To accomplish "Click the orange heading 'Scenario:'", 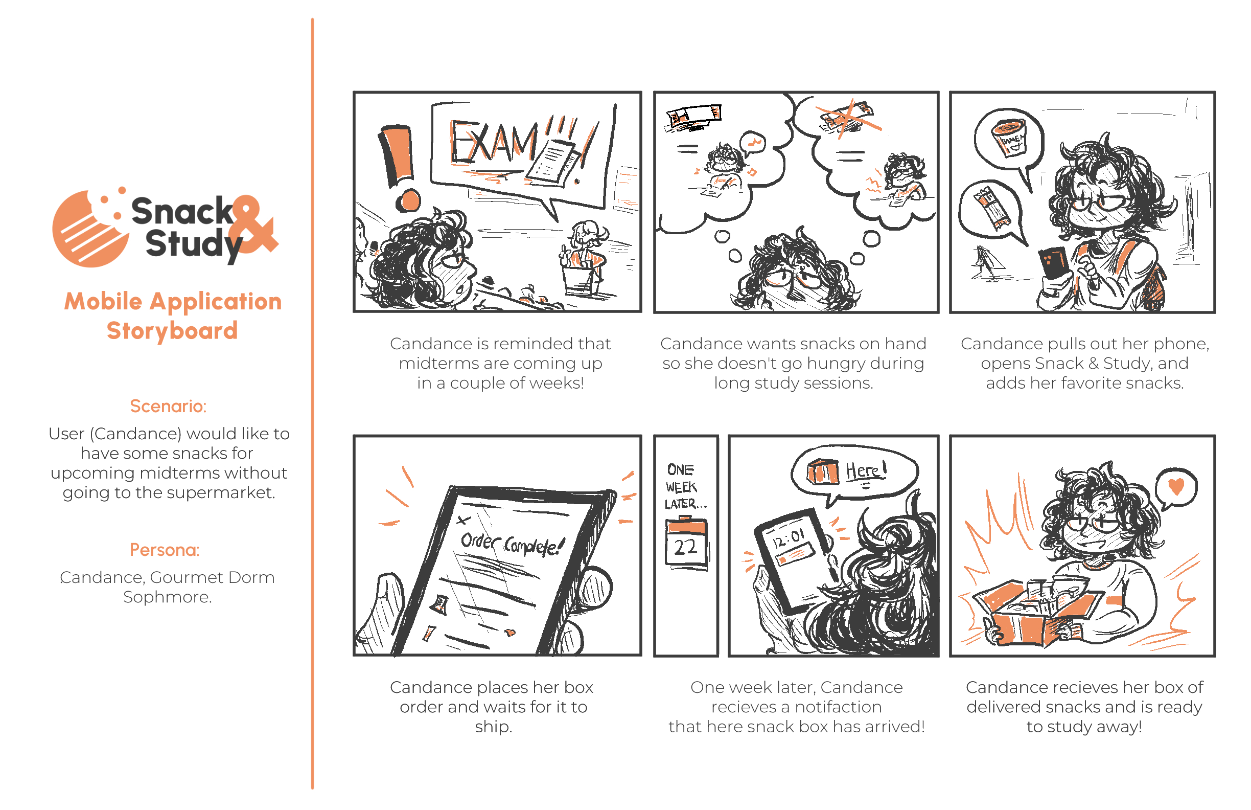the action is pos(168,406).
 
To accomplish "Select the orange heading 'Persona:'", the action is pos(165,550).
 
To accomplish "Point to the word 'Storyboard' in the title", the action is pos(172,331).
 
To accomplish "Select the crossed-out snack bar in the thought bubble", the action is pos(846,119).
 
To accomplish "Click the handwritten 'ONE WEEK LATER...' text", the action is pos(684,486).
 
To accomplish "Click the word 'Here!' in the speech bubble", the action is pos(866,470).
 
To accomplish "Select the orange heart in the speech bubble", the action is pos(1176,486).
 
